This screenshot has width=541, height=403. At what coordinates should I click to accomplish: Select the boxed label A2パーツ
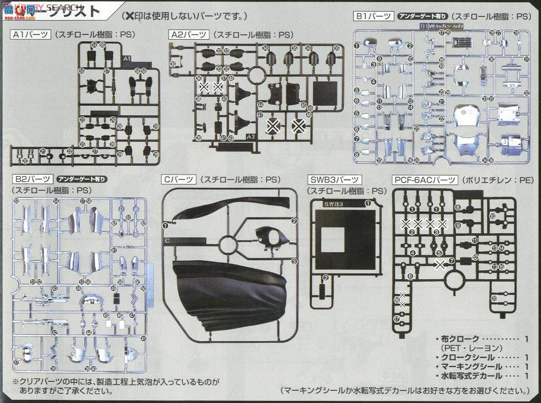[x=188, y=35]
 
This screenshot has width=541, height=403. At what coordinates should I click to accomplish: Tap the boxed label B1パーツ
[x=373, y=16]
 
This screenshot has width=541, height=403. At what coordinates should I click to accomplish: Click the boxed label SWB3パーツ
[x=334, y=180]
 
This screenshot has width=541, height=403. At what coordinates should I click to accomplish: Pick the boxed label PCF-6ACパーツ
[x=425, y=180]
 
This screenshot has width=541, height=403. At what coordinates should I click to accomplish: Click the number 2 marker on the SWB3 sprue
[x=326, y=278]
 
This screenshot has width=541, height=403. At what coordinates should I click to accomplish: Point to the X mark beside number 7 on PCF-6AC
[x=440, y=262]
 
